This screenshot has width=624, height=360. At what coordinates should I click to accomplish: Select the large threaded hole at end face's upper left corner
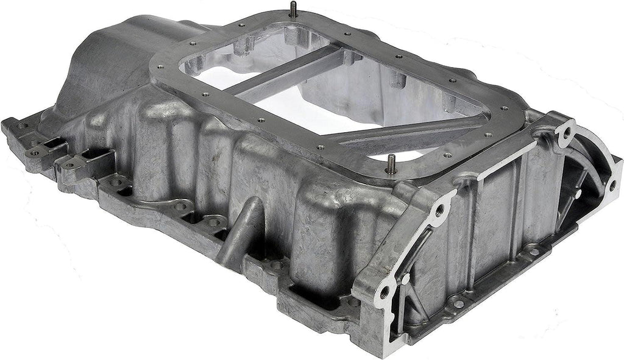[439, 211]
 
